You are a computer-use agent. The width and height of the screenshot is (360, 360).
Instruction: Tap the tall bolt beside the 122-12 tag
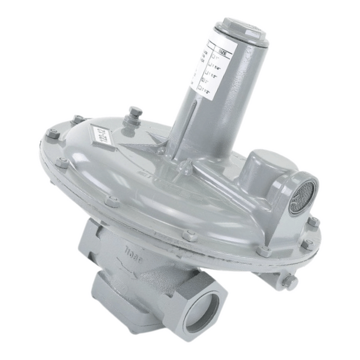[135, 115]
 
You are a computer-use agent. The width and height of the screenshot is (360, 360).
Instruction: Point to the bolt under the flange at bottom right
[289, 282]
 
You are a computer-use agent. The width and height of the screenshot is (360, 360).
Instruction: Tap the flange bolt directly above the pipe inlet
[189, 235]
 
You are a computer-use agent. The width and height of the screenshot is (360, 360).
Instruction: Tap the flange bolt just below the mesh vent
[311, 223]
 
